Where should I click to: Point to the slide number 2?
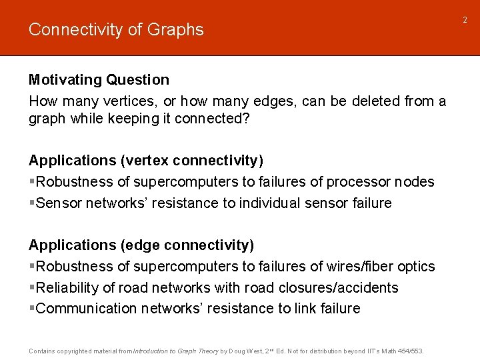466,20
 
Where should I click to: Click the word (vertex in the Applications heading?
146,161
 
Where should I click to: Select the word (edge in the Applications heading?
142,246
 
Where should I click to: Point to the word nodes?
414,182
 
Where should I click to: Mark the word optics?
415,267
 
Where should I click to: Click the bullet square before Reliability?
32,288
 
